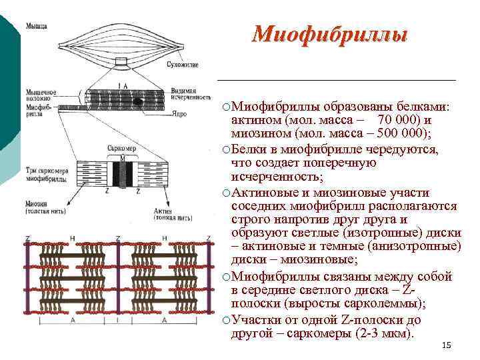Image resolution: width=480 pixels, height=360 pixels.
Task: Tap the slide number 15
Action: point(447,345)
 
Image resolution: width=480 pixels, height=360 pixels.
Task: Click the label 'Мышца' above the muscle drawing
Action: point(37,26)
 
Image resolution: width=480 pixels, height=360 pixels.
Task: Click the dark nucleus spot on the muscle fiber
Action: point(137,101)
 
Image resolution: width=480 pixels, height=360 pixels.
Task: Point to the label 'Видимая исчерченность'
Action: point(190,94)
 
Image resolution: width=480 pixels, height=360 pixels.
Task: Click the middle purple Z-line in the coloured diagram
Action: point(119,275)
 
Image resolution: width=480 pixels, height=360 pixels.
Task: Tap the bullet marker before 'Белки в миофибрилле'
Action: point(227,149)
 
